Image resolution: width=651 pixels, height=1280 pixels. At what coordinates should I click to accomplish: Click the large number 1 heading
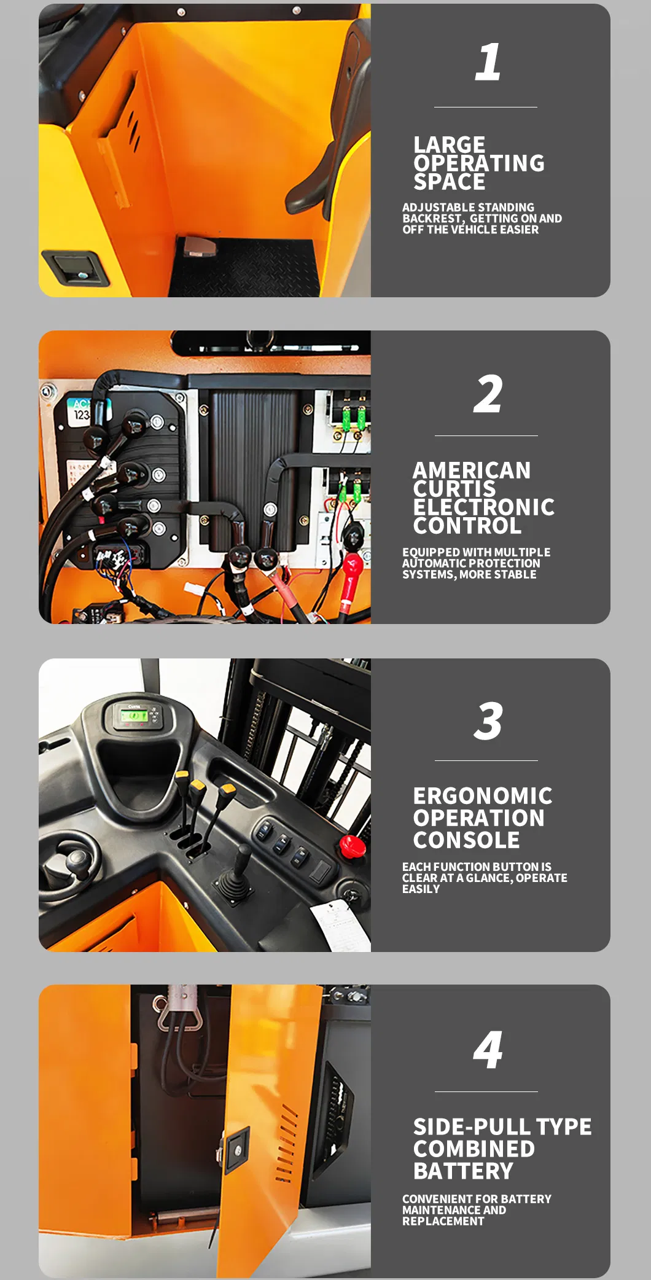tap(488, 62)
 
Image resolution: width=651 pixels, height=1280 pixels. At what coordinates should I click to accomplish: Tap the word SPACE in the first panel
tap(449, 182)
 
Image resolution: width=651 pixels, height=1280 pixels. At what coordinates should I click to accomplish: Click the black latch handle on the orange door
tap(77, 268)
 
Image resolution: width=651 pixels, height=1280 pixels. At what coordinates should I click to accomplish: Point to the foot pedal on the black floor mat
tap(199, 246)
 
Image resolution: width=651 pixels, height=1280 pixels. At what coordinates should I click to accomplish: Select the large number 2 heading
tap(488, 394)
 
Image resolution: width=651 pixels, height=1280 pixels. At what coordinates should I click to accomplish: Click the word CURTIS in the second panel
tap(454, 489)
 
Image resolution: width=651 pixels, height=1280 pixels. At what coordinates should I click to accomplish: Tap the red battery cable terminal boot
tap(349, 580)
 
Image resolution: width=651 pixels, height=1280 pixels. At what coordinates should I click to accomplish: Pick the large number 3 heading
tap(488, 720)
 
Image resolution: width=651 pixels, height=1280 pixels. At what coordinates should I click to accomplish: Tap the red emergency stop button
tap(353, 846)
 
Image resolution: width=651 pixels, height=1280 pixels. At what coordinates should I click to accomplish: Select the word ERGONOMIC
tap(482, 796)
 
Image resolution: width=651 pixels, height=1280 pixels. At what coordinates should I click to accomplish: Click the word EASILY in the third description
tap(421, 889)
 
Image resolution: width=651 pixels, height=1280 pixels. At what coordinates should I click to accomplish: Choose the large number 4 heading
tap(488, 1050)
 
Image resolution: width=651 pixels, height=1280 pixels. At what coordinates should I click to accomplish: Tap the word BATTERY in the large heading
tap(463, 1171)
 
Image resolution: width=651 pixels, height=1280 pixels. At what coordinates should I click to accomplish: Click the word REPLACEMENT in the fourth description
tap(443, 1221)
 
